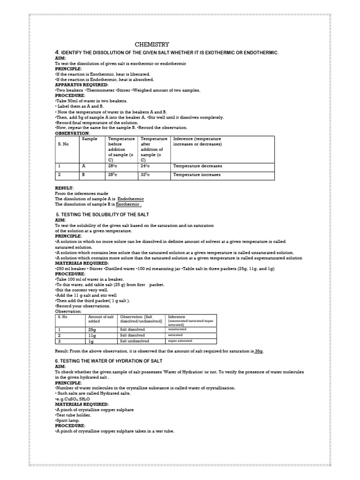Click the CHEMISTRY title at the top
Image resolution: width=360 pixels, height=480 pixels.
click(x=149, y=45)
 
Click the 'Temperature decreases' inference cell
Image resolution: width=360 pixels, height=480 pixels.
click(x=197, y=166)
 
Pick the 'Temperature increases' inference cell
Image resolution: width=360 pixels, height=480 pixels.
click(x=197, y=174)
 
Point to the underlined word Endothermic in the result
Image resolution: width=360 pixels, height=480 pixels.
click(x=131, y=199)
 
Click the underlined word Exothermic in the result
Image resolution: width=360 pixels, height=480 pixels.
click(x=128, y=204)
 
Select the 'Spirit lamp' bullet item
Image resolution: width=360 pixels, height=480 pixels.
click(x=67, y=420)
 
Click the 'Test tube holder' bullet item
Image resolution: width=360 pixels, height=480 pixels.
click(x=72, y=414)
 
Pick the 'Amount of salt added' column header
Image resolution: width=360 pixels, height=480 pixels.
click(x=101, y=319)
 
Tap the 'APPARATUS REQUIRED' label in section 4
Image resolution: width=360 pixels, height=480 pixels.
click(x=78, y=84)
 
